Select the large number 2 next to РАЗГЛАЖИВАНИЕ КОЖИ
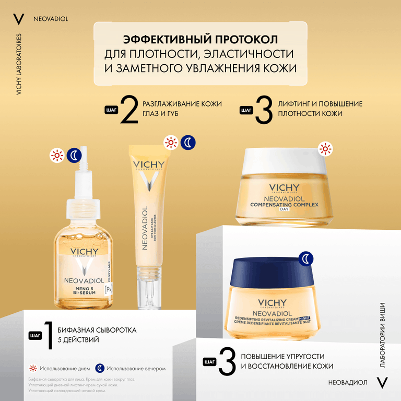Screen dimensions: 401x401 click(129, 109)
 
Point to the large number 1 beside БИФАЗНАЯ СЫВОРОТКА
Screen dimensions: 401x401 click(48, 335)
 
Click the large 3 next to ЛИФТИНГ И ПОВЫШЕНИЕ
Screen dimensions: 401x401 click(264, 110)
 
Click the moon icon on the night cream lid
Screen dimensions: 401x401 click(306, 257)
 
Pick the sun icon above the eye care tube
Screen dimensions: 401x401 click(170, 142)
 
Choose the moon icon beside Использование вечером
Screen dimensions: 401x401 click(100, 368)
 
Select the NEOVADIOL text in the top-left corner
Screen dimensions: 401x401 click(50, 20)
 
